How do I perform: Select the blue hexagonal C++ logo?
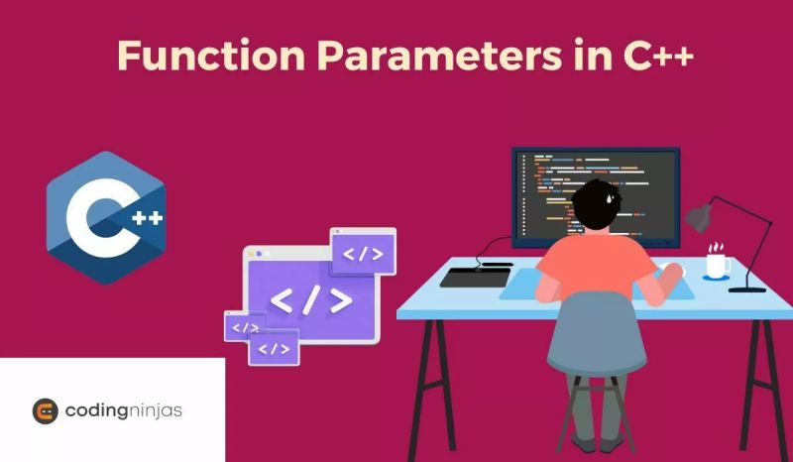(105, 218)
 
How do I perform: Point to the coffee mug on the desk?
(717, 263)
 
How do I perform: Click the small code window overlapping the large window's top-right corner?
(363, 252)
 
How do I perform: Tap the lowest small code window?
(275, 348)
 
